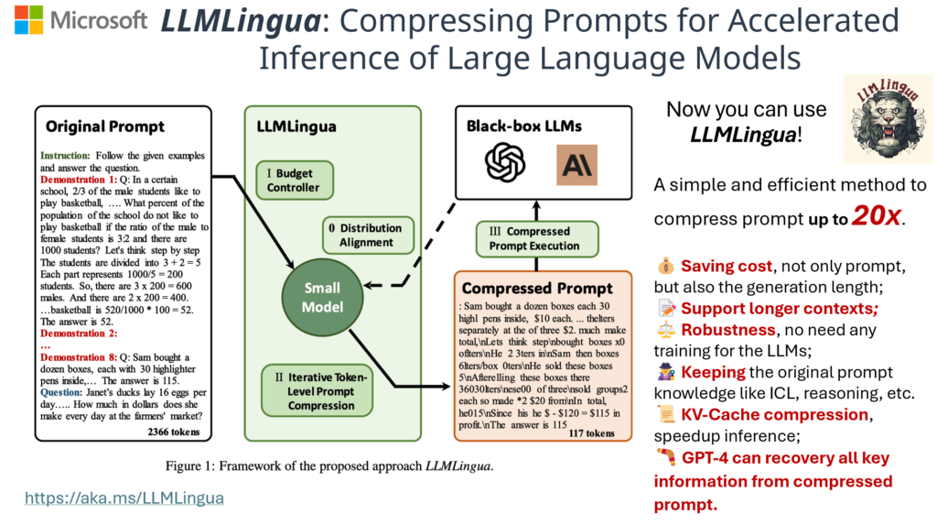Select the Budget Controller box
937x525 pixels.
point(294,180)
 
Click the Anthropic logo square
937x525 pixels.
point(576,165)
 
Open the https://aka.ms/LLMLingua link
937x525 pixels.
point(124,498)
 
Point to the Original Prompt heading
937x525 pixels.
point(105,126)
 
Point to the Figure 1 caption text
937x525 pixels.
point(328,465)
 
